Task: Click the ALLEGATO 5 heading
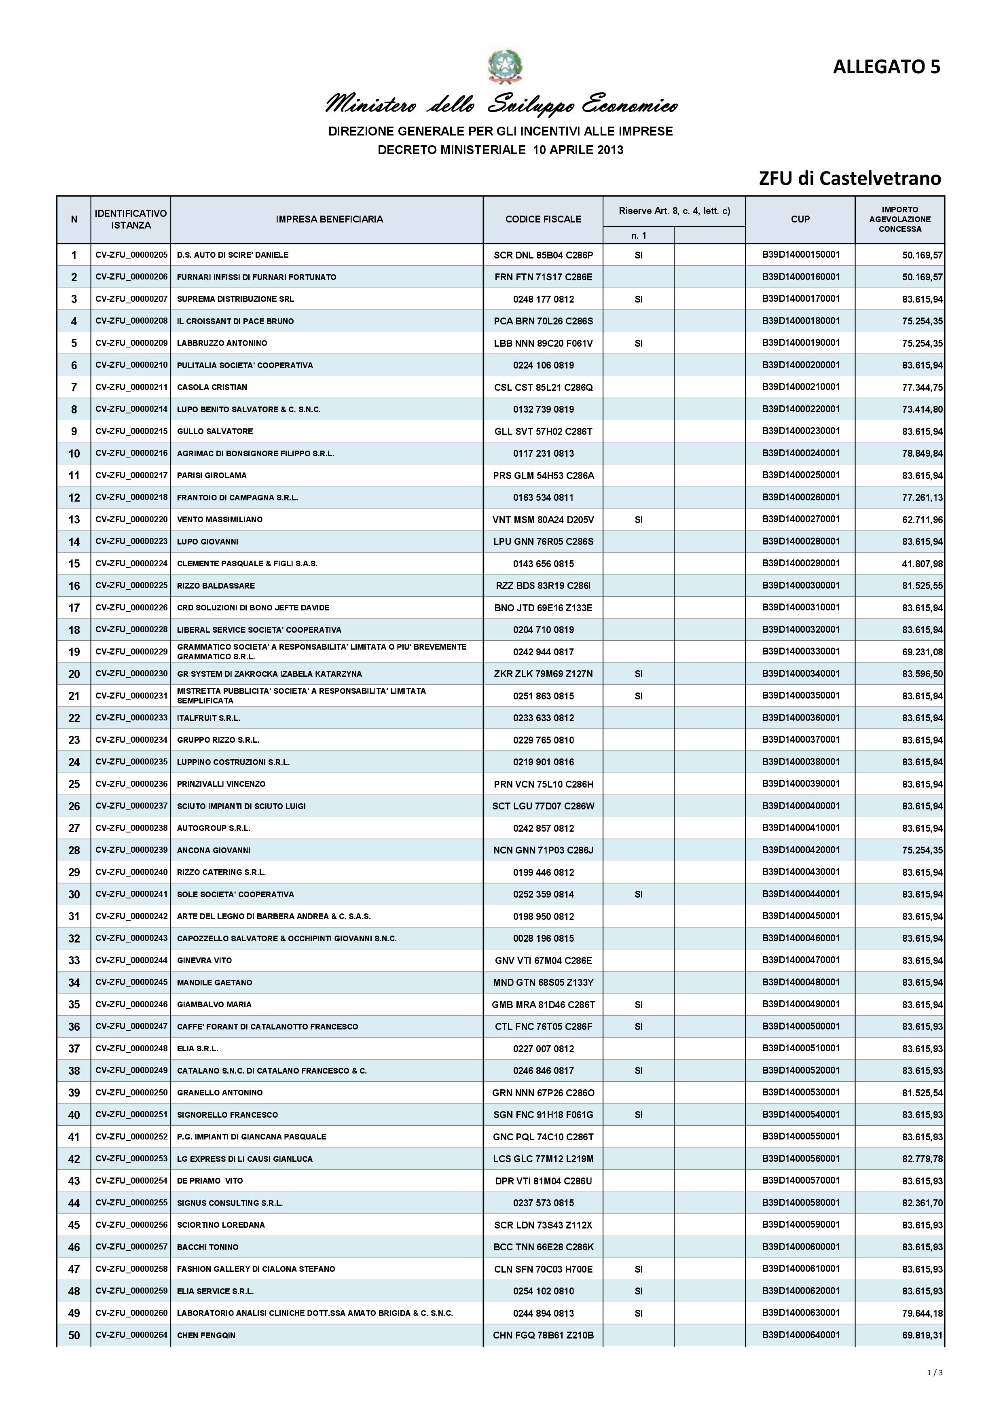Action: [x=886, y=67]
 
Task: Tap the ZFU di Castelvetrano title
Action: [x=850, y=179]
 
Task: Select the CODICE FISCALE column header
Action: [x=543, y=219]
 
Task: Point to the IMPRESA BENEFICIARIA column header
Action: [x=329, y=219]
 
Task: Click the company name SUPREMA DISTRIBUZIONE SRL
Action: [x=235, y=299]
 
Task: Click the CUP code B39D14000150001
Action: [x=800, y=254]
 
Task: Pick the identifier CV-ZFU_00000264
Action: [x=131, y=1335]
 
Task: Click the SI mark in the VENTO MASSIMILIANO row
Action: [x=638, y=520]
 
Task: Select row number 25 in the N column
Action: [x=74, y=784]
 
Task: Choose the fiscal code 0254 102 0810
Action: [x=543, y=1291]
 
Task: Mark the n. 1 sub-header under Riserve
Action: [x=638, y=235]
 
